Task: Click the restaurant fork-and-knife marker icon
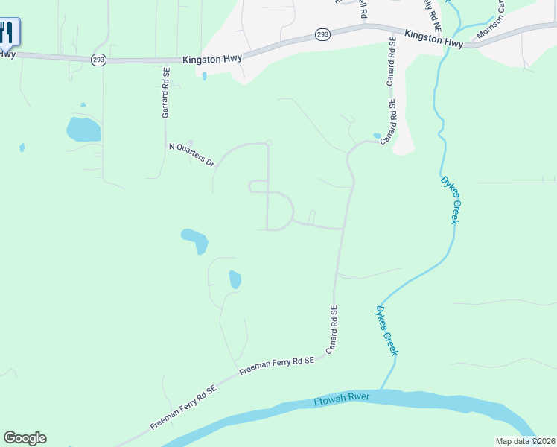coord(8,32)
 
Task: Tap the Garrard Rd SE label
coord(166,92)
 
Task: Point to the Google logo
coord(25,438)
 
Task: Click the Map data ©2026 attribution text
coord(525,441)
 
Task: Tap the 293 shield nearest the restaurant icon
coord(98,60)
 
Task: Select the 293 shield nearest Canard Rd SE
coord(322,34)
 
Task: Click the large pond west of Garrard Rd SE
coord(83,130)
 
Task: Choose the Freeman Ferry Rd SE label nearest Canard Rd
coord(277,365)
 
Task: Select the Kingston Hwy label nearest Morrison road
coord(434,39)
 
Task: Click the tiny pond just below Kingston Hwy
coord(204,75)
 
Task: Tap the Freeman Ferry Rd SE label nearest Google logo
coord(183,408)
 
